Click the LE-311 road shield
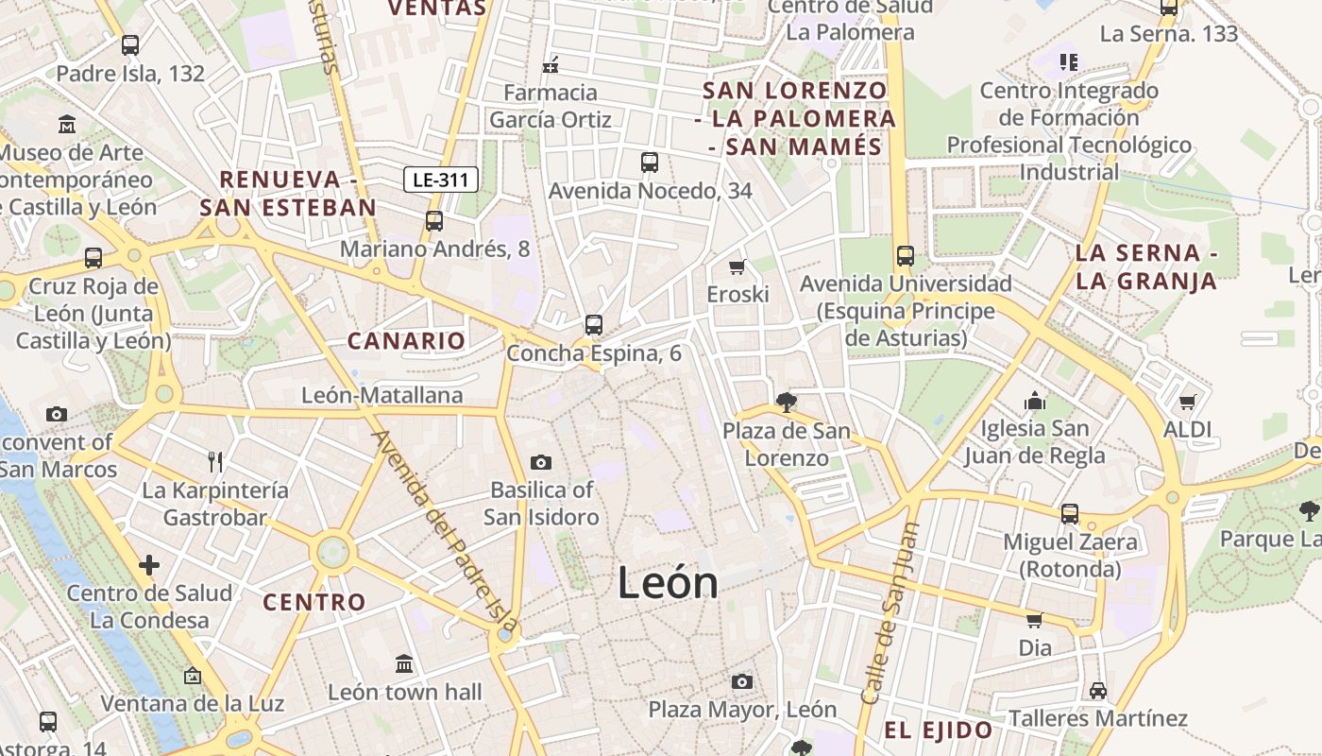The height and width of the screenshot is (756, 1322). [441, 180]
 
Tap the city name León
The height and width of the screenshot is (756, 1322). [668, 583]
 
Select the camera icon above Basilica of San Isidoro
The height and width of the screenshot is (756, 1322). [541, 462]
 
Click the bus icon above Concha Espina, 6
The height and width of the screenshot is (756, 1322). [594, 325]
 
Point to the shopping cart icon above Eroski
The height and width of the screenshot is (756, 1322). [737, 266]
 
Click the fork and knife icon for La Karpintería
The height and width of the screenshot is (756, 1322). [215, 462]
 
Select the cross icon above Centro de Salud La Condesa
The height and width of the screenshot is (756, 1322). [149, 565]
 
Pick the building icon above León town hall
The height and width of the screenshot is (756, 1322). [404, 664]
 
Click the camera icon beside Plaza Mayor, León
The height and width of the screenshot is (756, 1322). [742, 681]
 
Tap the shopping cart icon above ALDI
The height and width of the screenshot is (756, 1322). [1188, 402]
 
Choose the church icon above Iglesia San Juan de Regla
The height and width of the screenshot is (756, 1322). [1035, 401]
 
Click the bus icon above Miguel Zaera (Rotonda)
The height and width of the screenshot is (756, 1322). [1069, 514]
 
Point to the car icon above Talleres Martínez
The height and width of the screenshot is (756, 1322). [1097, 690]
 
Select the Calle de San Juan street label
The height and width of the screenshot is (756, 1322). [890, 614]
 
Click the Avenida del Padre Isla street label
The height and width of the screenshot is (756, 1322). [444, 529]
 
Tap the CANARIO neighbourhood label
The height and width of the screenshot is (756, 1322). [407, 341]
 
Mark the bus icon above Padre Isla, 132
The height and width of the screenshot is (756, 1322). [130, 44]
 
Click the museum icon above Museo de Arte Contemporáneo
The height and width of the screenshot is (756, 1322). [67, 124]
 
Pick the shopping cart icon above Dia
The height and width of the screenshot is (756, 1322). [1035, 621]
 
